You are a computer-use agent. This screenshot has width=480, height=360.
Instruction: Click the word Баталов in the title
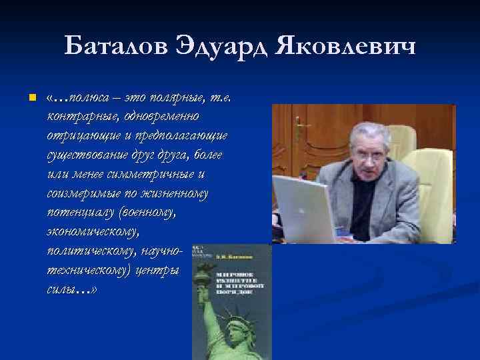pos(116,47)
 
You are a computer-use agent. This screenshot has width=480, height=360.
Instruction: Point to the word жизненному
pos(173,194)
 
